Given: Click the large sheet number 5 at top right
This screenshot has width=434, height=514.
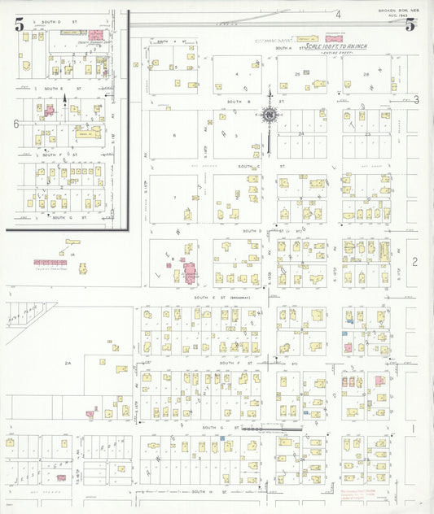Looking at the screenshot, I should pos(411,24).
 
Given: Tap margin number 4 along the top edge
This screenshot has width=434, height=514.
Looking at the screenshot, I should pos(337,14).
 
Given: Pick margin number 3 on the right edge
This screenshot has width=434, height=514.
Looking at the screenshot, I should pos(415,100).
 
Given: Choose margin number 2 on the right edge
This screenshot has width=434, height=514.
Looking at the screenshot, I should pos(414,261).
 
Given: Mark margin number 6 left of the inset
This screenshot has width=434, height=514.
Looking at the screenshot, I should pos(15,124).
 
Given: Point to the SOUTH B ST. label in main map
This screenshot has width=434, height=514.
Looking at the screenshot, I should pos(237,102).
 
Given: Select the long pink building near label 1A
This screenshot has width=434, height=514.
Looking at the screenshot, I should pos(50,263).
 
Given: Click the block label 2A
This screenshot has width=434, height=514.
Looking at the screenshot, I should pos(69,364).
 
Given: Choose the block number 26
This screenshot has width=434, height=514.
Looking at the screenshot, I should pos(366,74).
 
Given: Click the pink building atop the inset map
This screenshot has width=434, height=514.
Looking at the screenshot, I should pos(96,35).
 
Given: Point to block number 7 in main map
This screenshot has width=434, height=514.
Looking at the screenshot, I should pos(173,198).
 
